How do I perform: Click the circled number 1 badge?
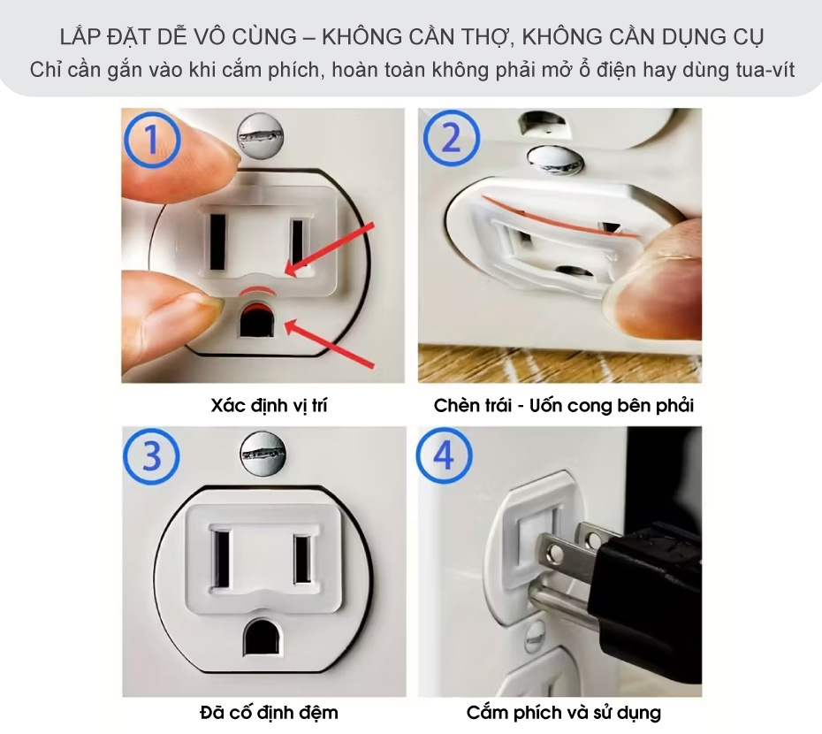click(x=152, y=139)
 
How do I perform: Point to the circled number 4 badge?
click(x=444, y=455)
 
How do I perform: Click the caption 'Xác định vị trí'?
click(x=269, y=406)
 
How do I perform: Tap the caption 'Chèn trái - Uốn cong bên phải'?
click(x=564, y=406)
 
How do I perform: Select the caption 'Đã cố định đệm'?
click(x=269, y=713)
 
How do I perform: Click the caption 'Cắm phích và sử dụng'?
click(x=564, y=713)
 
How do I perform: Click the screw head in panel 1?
click(x=261, y=137)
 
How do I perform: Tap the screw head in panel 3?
click(x=263, y=454)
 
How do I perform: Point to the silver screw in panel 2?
click(x=555, y=161)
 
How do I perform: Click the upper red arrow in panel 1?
click(x=330, y=249)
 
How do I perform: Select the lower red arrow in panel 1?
click(x=330, y=344)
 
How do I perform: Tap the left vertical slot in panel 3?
click(x=220, y=559)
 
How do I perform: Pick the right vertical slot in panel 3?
click(x=302, y=559)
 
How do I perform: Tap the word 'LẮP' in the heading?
click(x=79, y=37)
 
